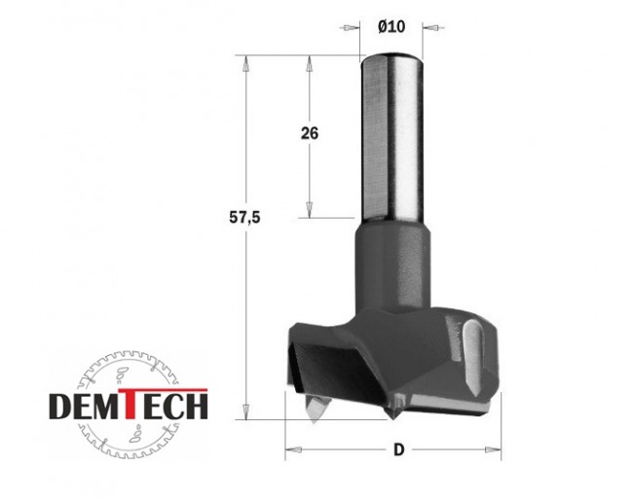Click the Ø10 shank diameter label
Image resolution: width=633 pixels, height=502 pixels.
pyautogui.click(x=391, y=27)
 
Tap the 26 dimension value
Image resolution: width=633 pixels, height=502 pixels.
pyautogui.click(x=310, y=133)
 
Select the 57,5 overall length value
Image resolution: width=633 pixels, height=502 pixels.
pyautogui.click(x=244, y=218)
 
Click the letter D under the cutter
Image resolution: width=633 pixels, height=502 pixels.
pyautogui.click(x=399, y=449)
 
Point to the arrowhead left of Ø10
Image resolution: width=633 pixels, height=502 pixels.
pyautogui.click(x=350, y=28)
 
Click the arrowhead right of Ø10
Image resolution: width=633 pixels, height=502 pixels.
pyautogui.click(x=432, y=28)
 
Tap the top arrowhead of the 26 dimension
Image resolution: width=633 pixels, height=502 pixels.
pyautogui.click(x=310, y=63)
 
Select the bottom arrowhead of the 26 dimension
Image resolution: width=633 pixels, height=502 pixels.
pyautogui.click(x=309, y=209)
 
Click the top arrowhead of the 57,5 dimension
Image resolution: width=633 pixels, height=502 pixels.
pyautogui.click(x=244, y=63)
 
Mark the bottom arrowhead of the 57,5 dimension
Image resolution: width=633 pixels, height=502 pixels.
pyautogui.click(x=245, y=411)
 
